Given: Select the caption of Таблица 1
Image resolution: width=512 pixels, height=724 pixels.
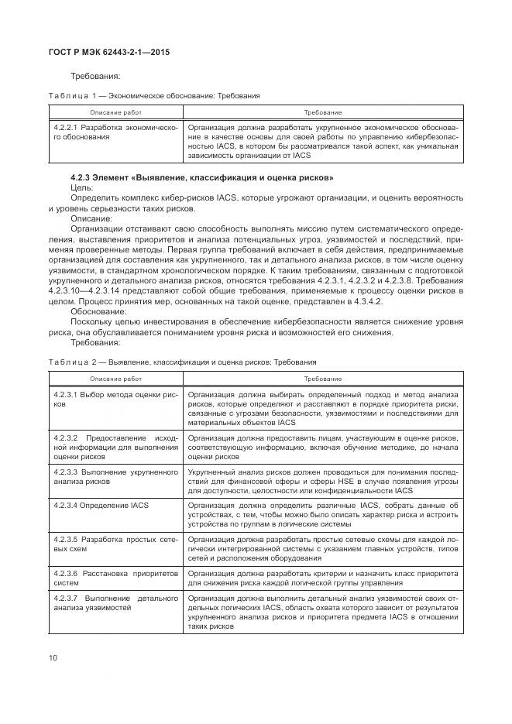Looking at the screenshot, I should pyautogui.click(x=153, y=95).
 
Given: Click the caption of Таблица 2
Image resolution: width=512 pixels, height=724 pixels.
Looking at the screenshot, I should pyautogui.click(x=181, y=362).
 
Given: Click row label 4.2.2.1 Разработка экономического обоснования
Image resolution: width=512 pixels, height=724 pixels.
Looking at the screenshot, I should pyautogui.click(x=115, y=132).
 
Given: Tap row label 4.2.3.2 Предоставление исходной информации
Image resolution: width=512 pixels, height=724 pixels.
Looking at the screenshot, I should pyautogui.click(x=115, y=448).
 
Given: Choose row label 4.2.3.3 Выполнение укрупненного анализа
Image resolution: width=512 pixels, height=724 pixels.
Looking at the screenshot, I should pyautogui.click(x=115, y=475).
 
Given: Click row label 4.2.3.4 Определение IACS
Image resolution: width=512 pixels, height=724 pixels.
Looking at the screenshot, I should pyautogui.click(x=101, y=505).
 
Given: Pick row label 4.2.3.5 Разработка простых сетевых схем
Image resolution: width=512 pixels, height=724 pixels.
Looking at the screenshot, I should pyautogui.click(x=115, y=542).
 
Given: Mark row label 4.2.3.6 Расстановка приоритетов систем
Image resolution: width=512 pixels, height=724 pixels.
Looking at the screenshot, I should pyautogui.click(x=115, y=578).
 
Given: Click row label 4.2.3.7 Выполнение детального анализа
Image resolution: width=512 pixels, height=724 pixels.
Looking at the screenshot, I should pyautogui.click(x=115, y=604).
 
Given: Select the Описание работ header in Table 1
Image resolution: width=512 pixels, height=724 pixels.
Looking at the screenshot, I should pyautogui.click(x=115, y=113).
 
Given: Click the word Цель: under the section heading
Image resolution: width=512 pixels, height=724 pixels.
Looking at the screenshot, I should pyautogui.click(x=82, y=187).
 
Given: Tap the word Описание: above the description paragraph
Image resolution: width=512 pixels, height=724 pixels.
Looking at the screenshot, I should pyautogui.click(x=92, y=218).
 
